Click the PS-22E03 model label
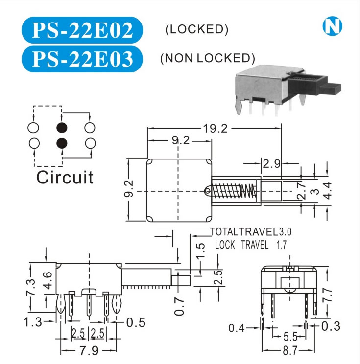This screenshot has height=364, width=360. pos(82,58)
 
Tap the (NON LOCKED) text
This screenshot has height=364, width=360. pos(207,58)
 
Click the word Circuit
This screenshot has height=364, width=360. pos(64,177)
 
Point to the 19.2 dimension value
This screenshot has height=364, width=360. pos(216,129)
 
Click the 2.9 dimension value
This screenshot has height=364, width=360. pos(271,164)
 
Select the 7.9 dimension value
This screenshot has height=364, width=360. pos(89,351)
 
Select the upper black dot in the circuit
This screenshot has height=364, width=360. pos(62,128)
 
